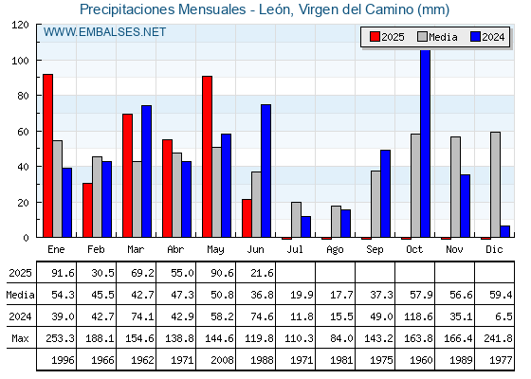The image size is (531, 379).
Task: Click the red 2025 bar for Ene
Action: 47,155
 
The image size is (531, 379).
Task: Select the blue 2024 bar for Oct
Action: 426,143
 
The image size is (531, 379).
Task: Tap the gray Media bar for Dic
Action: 495,185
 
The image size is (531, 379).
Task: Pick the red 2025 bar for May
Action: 208,156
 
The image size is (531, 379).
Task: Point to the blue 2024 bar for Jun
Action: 265,171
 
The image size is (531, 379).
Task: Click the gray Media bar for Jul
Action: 296,220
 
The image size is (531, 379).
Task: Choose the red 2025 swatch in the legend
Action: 375,37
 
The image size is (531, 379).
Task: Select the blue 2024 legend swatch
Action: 475,37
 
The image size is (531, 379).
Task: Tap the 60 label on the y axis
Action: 23,132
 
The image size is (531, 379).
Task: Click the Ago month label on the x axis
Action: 335,250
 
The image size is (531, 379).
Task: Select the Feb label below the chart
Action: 96,249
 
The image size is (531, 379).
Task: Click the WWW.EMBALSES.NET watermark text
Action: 104,32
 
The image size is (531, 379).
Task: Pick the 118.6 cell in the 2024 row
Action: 418,316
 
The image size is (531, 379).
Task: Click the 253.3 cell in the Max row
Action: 60,338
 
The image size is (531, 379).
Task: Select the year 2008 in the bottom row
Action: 222,360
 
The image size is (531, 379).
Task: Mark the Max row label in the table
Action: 20,338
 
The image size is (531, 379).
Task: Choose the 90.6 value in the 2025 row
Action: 222,273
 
